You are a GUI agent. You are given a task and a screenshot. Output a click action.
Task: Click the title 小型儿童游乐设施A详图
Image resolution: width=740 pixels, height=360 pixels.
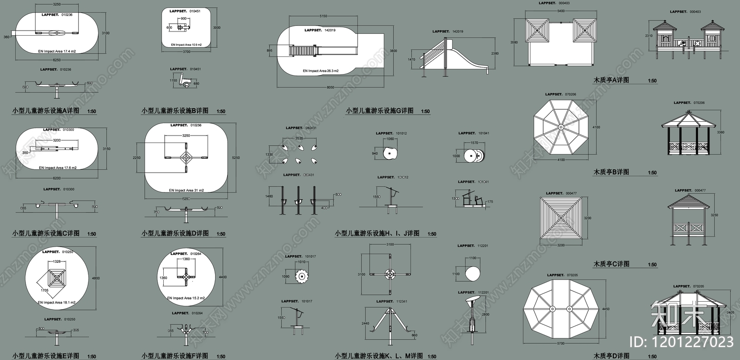pos(45,111)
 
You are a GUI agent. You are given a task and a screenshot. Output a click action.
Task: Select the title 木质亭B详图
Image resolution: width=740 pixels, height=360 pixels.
pos(611,172)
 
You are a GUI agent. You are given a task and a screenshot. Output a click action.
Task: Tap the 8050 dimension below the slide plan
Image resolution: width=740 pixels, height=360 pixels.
pos(330,87)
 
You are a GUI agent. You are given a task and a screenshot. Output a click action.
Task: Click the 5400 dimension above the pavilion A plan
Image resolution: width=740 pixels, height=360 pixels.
pos(561,11)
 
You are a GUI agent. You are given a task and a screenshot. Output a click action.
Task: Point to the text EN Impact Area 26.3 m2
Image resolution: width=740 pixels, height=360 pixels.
pos(321,71)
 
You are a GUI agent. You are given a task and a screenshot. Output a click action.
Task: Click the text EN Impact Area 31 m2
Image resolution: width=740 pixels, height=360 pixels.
pos(186,190)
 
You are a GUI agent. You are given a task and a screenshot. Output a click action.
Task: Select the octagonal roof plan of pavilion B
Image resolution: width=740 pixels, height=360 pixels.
pos(561,127)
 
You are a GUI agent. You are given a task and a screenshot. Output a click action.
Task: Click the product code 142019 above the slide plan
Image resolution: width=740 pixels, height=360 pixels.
pos(330,30)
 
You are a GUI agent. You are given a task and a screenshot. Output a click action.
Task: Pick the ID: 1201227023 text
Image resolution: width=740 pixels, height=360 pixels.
pos(682,342)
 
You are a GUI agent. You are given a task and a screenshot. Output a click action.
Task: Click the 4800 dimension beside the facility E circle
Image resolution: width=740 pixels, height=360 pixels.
pos(95,278)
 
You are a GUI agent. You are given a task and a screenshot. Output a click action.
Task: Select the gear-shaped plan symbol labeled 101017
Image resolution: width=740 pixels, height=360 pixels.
pos(302,277)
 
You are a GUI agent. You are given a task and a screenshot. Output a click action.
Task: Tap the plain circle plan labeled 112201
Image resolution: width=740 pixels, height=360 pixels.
pos(473,273)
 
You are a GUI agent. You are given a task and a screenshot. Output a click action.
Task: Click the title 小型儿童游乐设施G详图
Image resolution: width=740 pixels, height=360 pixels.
pos(380,111)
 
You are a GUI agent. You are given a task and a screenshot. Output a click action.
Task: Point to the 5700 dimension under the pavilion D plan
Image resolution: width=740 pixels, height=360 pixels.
pos(561,343)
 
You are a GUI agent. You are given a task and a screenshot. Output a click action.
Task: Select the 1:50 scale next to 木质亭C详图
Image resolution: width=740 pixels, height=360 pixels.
pos(652,265)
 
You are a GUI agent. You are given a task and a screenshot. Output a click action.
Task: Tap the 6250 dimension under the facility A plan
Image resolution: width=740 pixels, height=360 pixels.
pos(56,60)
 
